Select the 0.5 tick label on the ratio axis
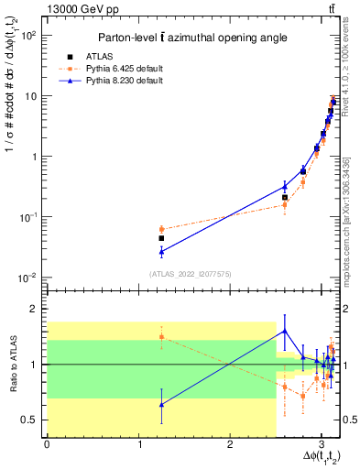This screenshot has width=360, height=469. coord(32,420)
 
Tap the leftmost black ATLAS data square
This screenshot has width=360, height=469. coord(161,238)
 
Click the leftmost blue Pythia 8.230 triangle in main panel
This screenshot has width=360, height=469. coord(161,251)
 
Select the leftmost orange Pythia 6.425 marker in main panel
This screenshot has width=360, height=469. coord(161,229)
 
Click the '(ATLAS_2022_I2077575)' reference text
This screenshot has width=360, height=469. coord(183,273)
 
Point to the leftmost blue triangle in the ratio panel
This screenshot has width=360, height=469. coord(161,404)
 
